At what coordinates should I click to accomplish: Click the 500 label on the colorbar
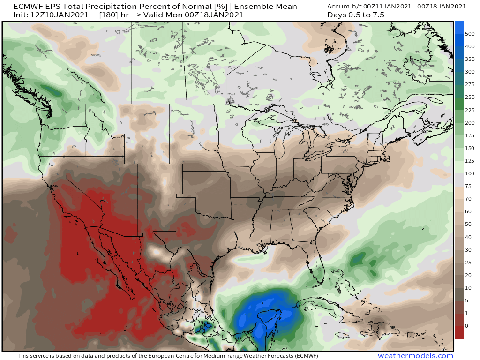(x=470, y=34)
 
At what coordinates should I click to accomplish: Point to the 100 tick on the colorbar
(x=470, y=173)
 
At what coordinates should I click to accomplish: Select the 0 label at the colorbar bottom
(x=466, y=326)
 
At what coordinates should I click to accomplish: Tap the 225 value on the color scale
(x=470, y=110)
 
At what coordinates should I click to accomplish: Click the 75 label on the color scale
(x=468, y=186)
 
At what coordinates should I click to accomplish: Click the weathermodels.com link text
(x=415, y=356)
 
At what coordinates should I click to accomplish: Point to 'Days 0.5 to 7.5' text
(x=357, y=15)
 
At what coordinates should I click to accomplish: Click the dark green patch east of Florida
(x=359, y=257)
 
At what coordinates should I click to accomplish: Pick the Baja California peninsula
(x=101, y=253)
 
